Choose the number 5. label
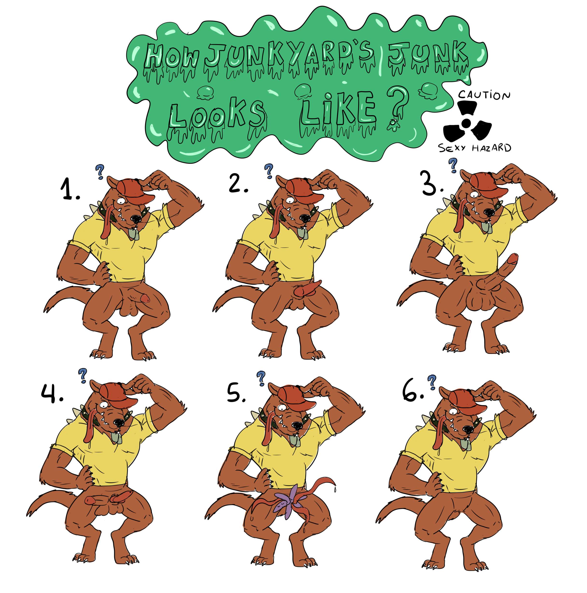pos(236,394)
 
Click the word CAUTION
pos(484,95)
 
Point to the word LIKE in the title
pos(338,108)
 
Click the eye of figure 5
pos(282,408)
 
